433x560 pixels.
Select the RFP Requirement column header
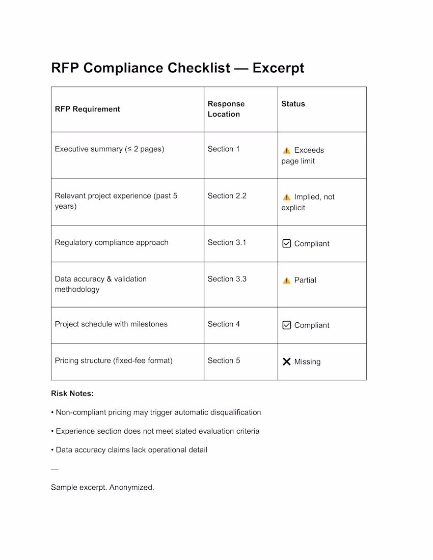87,109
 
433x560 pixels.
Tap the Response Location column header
226,109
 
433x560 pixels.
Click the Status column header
293,104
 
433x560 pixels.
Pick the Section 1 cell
224,149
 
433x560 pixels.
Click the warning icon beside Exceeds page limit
287,150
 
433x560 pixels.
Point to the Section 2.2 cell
227,196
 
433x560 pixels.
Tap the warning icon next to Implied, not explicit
287,197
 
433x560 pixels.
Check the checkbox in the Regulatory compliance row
287,243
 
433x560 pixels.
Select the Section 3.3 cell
227,279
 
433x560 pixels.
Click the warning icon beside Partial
287,280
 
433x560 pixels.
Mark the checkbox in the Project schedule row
287,325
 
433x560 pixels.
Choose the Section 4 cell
224,324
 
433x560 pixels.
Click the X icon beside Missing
287,361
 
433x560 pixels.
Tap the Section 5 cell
224,361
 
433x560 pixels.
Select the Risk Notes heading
72,394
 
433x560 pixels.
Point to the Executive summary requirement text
110,149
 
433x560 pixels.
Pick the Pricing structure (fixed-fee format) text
114,361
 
